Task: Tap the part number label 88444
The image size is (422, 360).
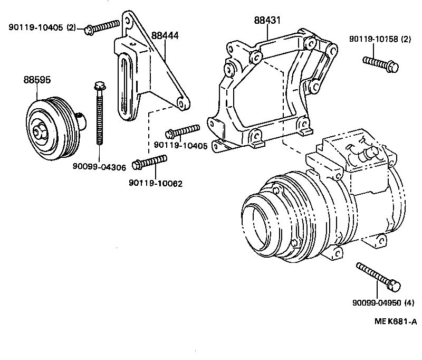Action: (x=165, y=36)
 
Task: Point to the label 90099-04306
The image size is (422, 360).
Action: (x=99, y=167)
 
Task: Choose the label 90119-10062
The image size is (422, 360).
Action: (x=156, y=183)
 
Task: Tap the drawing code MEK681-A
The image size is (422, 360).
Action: (x=395, y=321)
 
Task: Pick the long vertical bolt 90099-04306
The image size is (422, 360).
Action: (x=99, y=113)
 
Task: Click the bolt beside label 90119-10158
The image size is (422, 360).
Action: (x=380, y=63)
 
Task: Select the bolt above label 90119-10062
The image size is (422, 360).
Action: (x=150, y=162)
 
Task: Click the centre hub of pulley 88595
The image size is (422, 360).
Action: (x=38, y=131)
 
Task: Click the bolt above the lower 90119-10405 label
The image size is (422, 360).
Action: (x=181, y=131)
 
